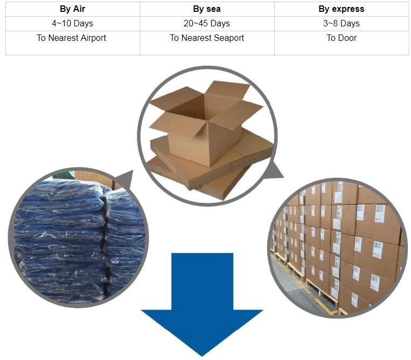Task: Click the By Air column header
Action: (72, 9)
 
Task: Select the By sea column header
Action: (207, 9)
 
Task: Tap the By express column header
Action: (342, 9)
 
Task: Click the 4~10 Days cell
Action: (72, 23)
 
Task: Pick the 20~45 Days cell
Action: (207, 23)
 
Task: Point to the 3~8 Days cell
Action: (342, 23)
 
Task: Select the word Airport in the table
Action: (93, 38)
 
